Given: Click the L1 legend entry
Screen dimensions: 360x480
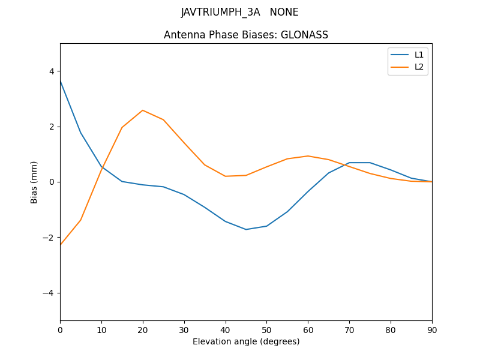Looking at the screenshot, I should [419, 55].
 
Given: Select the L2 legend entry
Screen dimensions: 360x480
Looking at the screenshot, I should [419, 67].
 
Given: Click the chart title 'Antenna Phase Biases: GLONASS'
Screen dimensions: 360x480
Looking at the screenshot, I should [246, 35].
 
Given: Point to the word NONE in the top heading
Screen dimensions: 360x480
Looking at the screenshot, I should [284, 12].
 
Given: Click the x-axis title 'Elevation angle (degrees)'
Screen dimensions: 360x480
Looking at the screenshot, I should [246, 341].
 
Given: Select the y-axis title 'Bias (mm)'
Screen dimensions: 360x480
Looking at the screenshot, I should [34, 182].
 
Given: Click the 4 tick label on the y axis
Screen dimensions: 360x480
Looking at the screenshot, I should [52, 71].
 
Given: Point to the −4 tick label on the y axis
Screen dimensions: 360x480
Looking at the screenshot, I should [49, 293].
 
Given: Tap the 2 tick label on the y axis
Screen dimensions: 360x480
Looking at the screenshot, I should [52, 127].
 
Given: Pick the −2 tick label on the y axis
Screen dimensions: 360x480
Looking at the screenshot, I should [49, 238].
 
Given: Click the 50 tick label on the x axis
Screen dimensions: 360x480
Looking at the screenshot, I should [266, 330].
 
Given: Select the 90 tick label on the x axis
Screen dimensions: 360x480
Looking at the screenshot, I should [432, 330].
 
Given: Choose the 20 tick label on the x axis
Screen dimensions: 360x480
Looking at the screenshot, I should [143, 330].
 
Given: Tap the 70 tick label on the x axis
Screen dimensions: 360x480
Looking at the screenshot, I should [349, 330].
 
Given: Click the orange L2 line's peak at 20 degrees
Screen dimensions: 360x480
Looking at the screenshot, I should [143, 110].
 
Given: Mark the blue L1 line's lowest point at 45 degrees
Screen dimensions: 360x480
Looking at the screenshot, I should [246, 229].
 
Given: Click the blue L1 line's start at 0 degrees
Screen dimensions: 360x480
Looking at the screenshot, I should [60, 80].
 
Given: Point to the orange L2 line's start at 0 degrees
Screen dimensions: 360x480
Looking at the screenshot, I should [60, 244].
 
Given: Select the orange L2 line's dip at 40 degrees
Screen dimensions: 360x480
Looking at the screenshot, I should [226, 176].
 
